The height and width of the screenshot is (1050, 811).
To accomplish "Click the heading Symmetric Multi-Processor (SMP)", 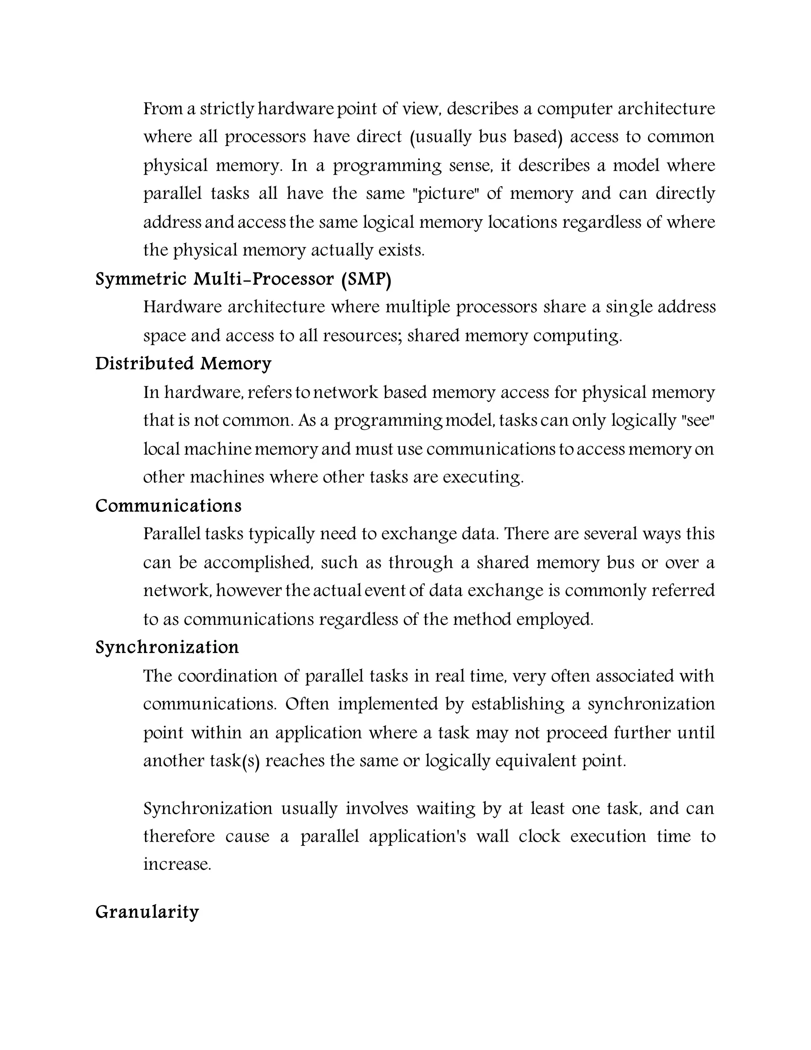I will coord(243,279).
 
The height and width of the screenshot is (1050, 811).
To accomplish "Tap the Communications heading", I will coord(168,506).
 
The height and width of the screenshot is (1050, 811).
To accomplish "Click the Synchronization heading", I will coord(167,647).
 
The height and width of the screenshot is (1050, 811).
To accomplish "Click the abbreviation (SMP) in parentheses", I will coord(366,279).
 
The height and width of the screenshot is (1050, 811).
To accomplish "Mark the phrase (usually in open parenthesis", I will coord(441,137).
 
